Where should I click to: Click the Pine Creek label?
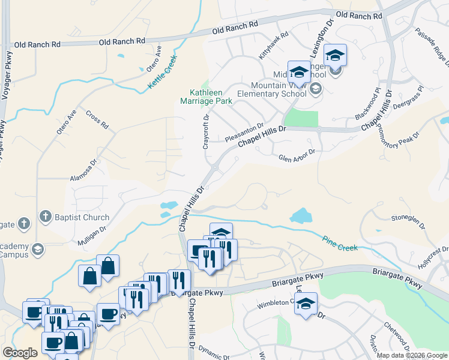[339, 242]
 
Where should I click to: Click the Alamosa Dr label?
[83, 171]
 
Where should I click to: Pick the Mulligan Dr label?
[91, 235]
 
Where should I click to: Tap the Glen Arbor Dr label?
[297, 155]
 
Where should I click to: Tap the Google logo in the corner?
[20, 353]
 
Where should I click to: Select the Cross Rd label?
[97, 120]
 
